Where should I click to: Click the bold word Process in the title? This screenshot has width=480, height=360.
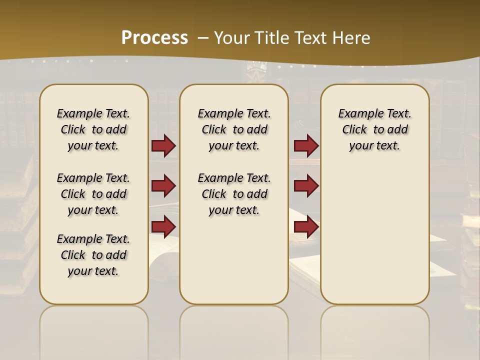coord(154,37)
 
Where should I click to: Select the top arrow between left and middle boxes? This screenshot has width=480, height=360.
coord(163,145)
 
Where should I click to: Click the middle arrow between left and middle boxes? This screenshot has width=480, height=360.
coord(163,186)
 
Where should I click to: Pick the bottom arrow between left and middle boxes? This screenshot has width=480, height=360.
coord(163,226)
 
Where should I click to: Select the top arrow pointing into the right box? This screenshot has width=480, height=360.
coord(306,145)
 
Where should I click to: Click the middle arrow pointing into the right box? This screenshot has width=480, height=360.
coord(306,186)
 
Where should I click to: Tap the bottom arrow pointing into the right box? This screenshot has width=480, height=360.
coord(306,226)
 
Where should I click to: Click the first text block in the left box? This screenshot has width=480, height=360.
coord(93,129)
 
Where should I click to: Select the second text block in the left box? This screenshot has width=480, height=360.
coord(93,194)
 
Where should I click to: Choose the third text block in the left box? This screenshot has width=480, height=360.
coord(93,255)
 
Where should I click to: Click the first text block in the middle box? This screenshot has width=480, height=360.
coord(234,129)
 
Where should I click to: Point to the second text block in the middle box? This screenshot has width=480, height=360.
coord(234,194)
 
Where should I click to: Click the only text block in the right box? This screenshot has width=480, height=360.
coord(374,129)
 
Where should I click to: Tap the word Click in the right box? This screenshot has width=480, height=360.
coord(354,130)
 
